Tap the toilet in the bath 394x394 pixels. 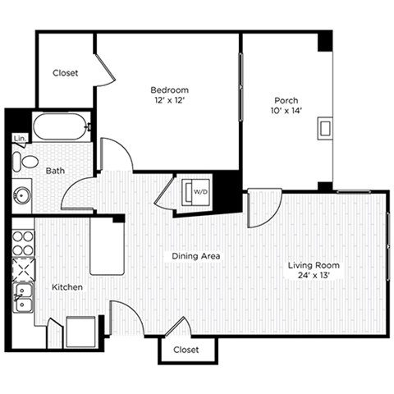pos(26,162)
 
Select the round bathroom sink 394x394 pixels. pos(23,196)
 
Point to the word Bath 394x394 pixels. pos(55,171)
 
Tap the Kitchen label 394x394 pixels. pos(66,288)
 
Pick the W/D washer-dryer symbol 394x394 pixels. pos(199,191)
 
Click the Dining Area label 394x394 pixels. pos(195,256)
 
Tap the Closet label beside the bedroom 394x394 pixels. pos(66,73)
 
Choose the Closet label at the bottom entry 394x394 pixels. pos(186,350)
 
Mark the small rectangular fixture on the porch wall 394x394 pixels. pos(326,127)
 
